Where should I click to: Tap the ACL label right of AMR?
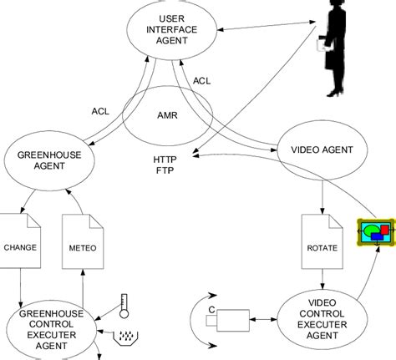coord(202,81)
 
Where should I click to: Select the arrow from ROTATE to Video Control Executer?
coord(321,278)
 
